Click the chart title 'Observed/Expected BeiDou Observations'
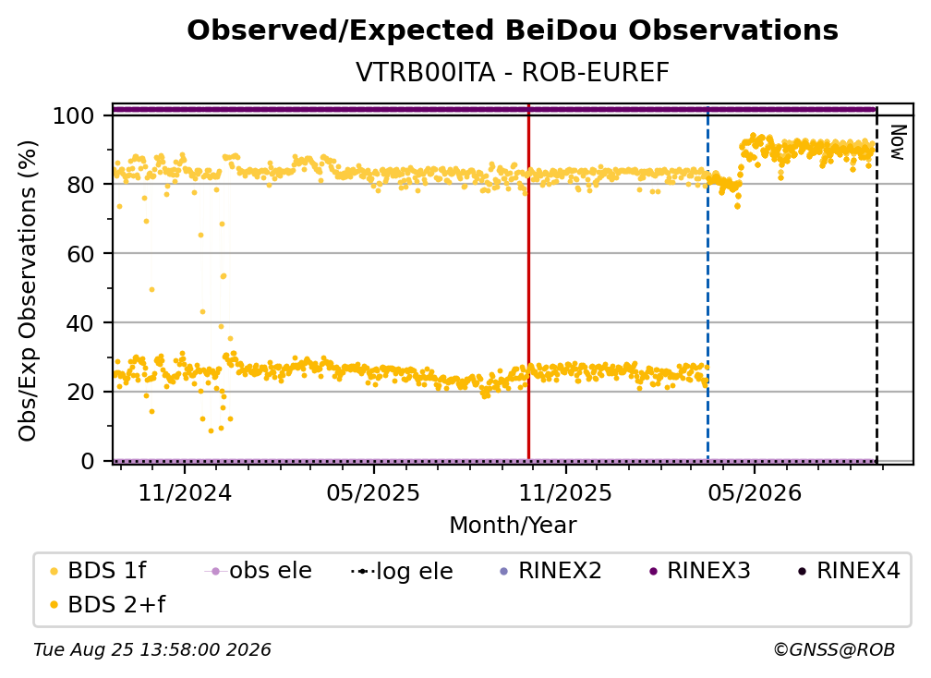513,30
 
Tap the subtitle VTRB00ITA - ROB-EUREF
513,73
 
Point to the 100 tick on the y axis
74,115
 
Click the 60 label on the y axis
80,254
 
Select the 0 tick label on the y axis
88,461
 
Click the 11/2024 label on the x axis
185,492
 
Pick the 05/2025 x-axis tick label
373,492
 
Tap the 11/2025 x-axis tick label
565,492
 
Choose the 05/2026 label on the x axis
754,492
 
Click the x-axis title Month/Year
513,526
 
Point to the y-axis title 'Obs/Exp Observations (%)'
28,290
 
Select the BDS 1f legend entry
97,571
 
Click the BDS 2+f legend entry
107,604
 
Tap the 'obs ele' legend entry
258,571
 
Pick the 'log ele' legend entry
402,571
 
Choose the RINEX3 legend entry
699,571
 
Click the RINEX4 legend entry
849,571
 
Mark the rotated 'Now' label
898,142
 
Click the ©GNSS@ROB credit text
834,650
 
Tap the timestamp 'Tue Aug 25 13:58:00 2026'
152,650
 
